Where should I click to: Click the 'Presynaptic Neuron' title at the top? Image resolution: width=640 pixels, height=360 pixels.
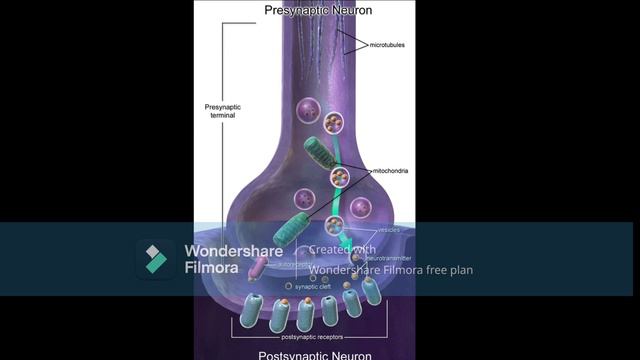(318, 11)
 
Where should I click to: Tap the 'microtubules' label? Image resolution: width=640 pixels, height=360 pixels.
(388, 45)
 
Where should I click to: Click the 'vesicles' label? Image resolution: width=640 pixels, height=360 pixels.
(387, 229)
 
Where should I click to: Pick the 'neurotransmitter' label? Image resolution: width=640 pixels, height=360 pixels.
(390, 258)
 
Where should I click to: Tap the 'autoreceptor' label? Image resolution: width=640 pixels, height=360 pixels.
(289, 266)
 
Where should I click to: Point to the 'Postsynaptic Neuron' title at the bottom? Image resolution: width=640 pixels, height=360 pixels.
(315, 355)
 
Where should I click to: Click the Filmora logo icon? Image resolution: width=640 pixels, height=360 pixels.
(155, 259)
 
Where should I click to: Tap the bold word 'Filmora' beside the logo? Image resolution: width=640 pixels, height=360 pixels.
(211, 268)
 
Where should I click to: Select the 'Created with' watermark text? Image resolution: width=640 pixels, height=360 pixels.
(342, 250)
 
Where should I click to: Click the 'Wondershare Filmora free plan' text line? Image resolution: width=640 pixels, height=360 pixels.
(391, 269)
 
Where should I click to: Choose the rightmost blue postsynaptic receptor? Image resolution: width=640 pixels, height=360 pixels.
(372, 291)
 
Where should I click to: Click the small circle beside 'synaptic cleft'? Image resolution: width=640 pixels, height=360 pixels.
(289, 286)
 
